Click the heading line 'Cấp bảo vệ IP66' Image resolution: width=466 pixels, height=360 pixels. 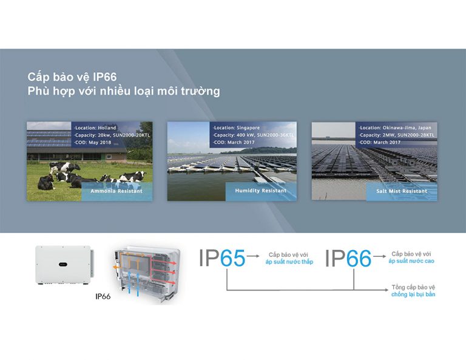pos(72,77)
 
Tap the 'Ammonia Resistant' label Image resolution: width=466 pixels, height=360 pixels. pos(116,191)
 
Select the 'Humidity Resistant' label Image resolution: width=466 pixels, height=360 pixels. pos(261,191)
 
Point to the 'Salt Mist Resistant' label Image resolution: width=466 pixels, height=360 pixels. pos(402,191)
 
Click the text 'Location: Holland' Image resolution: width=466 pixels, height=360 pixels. pos(95,128)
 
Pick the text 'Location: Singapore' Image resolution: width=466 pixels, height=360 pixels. pos(236,128)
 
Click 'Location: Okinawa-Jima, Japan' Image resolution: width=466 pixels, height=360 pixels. pos(395,128)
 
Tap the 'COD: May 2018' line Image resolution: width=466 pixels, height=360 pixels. pos(92,143)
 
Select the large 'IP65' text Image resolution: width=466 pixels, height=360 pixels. pos(222,257)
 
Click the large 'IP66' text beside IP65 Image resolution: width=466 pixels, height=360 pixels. pos(348,258)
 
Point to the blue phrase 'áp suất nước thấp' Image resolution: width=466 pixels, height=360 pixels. pos(289,262)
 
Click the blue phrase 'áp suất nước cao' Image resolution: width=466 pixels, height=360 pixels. pos(411,261)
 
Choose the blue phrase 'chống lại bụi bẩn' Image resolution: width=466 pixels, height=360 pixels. pos(413,294)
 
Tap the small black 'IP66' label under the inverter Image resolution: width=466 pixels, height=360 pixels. pos(103,296)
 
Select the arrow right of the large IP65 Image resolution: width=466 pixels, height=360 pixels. pos(253,256)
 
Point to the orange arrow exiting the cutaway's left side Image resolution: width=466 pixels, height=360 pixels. pos(116,268)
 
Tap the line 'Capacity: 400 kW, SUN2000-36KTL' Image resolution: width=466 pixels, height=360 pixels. pos(253,135)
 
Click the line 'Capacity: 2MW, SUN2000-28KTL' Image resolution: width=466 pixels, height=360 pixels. pos(396,135)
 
